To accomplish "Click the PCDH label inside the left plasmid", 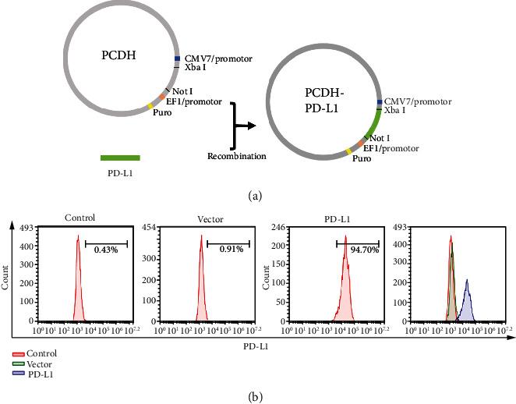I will [119, 55].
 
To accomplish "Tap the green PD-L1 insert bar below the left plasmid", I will [120, 157].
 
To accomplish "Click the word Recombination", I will [237, 156].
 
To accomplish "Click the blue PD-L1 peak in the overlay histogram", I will [467, 300].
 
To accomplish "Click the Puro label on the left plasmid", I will [162, 112].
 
